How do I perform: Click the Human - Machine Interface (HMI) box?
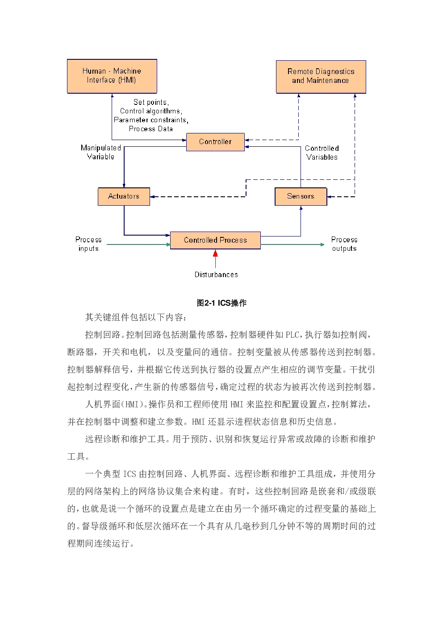point(112,76)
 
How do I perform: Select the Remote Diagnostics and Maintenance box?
point(321,77)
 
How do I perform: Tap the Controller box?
point(215,142)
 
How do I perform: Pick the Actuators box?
point(124,196)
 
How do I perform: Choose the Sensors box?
point(301,196)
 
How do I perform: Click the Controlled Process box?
point(215,240)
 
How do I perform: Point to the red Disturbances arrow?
point(215,259)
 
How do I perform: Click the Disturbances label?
point(216,275)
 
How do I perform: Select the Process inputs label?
point(88,244)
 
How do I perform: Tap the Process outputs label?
point(344,244)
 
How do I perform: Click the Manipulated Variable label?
point(100,152)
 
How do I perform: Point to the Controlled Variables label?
point(322,153)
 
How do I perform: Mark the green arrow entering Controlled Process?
point(139,245)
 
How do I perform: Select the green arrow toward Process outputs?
point(293,245)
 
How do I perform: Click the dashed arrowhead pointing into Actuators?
point(152,197)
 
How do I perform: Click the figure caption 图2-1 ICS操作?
point(221,303)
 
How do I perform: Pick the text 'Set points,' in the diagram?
point(151,102)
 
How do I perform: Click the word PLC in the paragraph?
point(292,335)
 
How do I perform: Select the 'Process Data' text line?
point(151,129)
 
